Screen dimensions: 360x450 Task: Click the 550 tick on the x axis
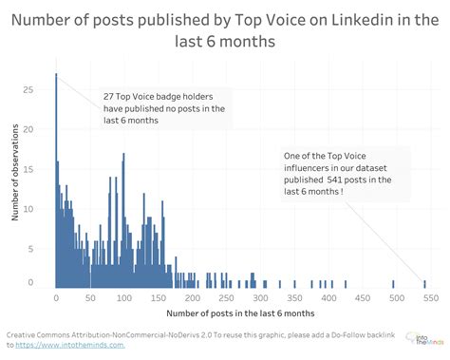428,297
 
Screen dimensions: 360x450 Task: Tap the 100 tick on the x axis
124,297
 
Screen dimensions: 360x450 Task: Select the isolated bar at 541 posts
423,283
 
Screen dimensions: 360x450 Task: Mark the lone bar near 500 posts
393,283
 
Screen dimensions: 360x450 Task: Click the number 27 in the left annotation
109,96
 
